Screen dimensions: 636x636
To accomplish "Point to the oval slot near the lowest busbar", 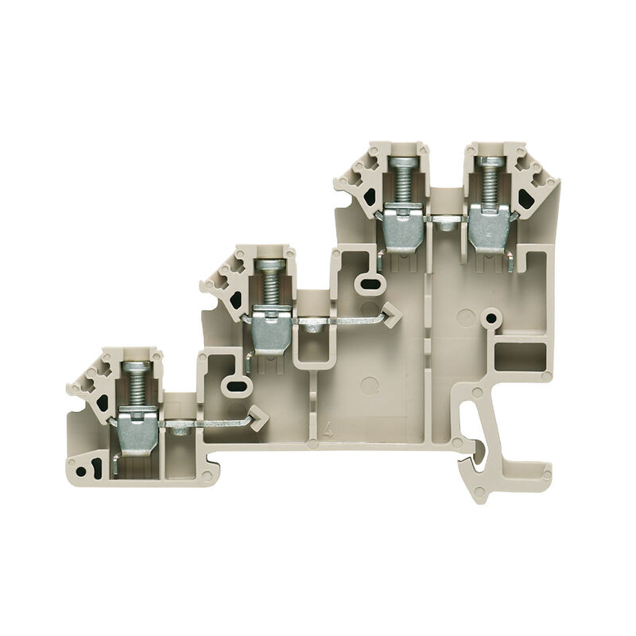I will (235, 385).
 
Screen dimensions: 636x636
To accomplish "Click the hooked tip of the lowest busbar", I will (258, 414).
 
